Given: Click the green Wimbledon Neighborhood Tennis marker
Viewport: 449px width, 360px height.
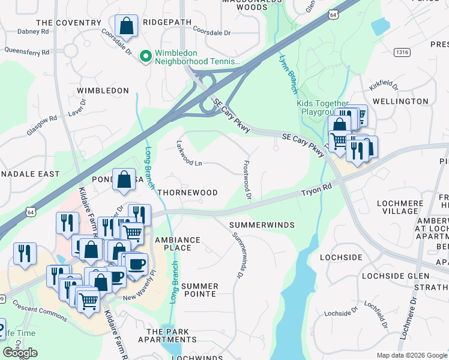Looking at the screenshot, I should (x=145, y=56).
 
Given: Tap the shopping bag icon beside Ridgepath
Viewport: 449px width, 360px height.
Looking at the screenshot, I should (x=126, y=26).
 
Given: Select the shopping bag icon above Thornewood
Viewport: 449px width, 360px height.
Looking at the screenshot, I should (x=124, y=180).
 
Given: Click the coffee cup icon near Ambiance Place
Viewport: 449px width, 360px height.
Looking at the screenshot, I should (x=135, y=263).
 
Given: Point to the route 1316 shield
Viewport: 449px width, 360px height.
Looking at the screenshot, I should (x=402, y=53).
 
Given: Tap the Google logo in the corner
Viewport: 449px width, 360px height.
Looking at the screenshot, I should (x=20, y=353).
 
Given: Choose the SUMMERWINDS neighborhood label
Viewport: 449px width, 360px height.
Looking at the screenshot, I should (x=262, y=224).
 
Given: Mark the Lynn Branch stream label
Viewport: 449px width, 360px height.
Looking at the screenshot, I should (x=288, y=74).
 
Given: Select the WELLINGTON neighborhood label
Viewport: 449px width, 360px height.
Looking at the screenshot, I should (x=418, y=102).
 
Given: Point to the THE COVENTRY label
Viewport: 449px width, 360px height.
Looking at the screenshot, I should (x=69, y=23).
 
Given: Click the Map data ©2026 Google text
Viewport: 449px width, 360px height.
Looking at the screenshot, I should (x=411, y=355).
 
